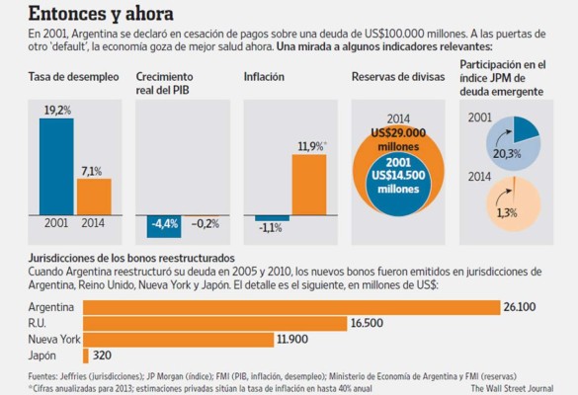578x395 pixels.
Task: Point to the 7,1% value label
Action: coord(94,170)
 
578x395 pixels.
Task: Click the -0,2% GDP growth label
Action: coord(206,223)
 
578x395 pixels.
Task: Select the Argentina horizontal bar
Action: coord(290,307)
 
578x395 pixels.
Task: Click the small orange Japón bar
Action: coord(86,355)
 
